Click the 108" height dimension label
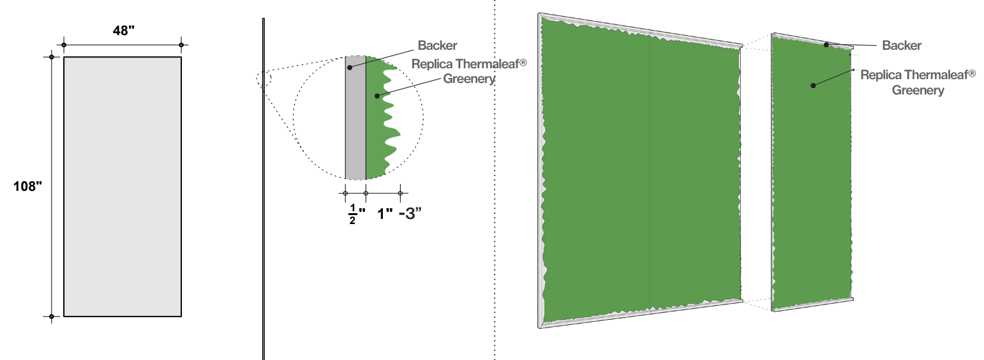click(x=28, y=186)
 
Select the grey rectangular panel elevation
click(x=123, y=186)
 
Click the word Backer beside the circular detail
click(x=437, y=46)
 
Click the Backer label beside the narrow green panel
click(x=902, y=46)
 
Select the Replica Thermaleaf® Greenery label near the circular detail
click(x=469, y=71)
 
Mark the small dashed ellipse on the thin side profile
click(x=264, y=79)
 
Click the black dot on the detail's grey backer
click(x=349, y=66)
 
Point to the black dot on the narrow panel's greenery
click(x=813, y=85)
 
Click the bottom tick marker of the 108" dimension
click(x=51, y=316)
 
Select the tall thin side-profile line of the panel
click(x=263, y=191)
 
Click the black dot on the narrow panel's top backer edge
click(x=826, y=45)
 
